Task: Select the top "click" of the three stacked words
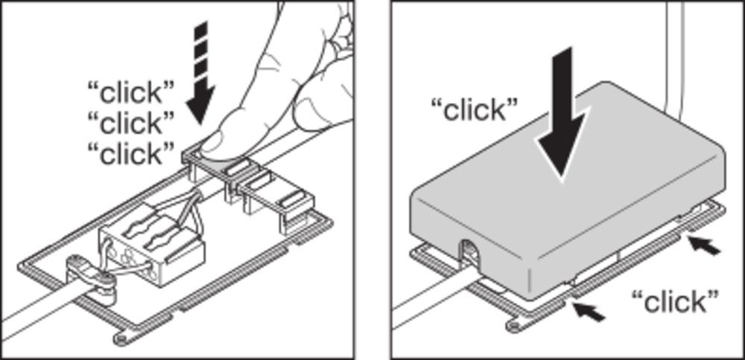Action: coord(131,92)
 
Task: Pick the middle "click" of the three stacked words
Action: coord(131,122)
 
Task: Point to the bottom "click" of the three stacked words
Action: coord(131,153)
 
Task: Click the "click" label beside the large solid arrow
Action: coord(474,110)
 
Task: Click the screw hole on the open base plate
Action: coord(121,338)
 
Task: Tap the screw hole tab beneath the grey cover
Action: coord(515,325)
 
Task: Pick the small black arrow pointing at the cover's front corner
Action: coord(589,312)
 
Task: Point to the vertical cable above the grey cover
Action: coord(675,57)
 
